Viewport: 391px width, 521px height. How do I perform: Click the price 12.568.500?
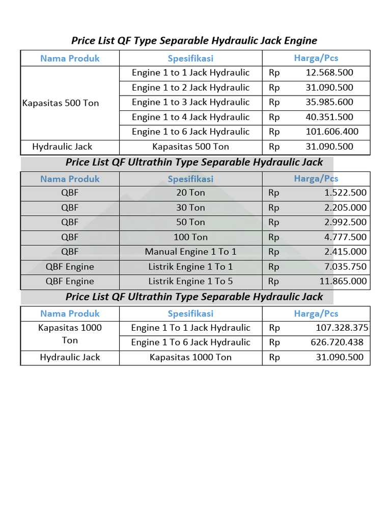click(x=329, y=73)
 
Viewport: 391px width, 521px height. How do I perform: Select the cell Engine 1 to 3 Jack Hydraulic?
click(x=190, y=102)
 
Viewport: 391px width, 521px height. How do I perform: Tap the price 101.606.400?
click(x=331, y=132)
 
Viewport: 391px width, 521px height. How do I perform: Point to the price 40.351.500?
click(x=329, y=117)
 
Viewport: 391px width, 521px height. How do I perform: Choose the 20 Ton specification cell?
click(x=190, y=193)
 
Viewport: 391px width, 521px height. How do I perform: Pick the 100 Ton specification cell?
click(x=190, y=237)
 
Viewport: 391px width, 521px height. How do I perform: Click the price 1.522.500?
click(x=345, y=193)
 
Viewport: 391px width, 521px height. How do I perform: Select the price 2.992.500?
click(x=345, y=222)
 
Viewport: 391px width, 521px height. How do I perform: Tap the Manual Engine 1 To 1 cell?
click(x=190, y=252)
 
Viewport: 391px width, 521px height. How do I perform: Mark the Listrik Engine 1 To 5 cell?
click(x=190, y=281)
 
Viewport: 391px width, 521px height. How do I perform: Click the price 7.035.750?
click(x=345, y=267)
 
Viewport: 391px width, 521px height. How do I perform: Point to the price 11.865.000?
click(x=342, y=281)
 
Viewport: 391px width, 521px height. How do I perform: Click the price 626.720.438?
click(x=337, y=342)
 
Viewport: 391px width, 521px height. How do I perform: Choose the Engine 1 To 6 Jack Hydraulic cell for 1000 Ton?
click(x=190, y=342)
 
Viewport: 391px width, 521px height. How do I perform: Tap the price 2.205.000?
click(x=345, y=208)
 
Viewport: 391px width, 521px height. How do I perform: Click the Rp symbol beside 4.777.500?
click(x=274, y=237)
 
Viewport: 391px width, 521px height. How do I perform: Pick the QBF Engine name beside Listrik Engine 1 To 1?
click(x=70, y=267)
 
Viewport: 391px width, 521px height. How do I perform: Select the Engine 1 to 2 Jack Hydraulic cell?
click(x=190, y=88)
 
